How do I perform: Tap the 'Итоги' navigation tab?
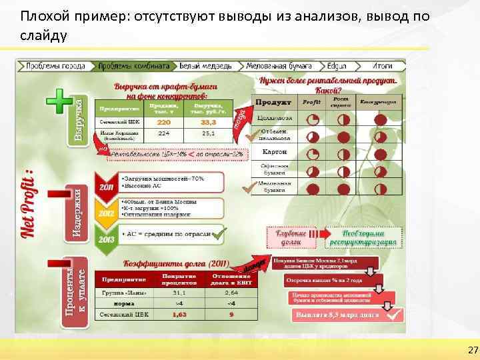tap(382, 66)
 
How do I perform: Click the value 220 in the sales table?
tap(163, 123)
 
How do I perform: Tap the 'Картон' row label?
tap(274, 152)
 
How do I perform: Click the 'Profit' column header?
tap(311, 103)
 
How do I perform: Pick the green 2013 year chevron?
tap(106, 238)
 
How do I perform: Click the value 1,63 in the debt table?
tap(179, 313)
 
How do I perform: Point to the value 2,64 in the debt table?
tap(231, 291)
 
